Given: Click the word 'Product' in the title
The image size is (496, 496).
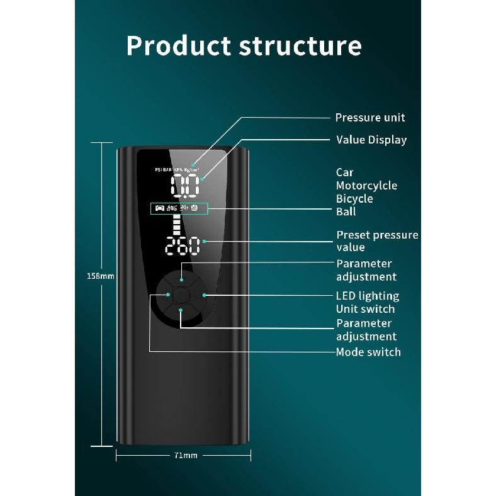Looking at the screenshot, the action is click(178, 46).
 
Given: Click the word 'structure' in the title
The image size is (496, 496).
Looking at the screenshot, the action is click(300, 47).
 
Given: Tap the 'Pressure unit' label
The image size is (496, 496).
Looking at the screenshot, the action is click(370, 118).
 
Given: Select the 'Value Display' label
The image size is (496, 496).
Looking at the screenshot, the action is click(371, 140).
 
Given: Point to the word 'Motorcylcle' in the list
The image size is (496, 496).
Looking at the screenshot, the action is click(366, 186).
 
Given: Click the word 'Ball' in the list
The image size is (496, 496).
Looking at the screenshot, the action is click(346, 211).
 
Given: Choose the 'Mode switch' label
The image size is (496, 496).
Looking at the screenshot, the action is click(368, 352).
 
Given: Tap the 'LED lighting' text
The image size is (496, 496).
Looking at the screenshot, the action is click(368, 296).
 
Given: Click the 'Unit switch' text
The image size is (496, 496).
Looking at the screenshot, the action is click(365, 309).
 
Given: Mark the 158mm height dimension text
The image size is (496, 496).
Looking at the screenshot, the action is click(101, 276).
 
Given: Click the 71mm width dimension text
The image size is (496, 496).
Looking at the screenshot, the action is click(186, 456).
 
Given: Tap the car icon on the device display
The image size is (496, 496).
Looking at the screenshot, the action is click(160, 208).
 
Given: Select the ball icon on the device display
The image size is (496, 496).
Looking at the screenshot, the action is click(194, 208).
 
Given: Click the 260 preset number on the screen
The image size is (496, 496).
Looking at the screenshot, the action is click(183, 245).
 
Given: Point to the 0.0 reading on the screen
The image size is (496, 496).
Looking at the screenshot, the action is click(185, 186).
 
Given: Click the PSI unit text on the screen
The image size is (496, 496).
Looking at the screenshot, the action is click(158, 170).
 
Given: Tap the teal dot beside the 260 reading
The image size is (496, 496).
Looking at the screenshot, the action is click(205, 241).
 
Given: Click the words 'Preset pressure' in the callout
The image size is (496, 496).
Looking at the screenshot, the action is click(378, 235).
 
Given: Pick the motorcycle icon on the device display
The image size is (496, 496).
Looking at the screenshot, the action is click(172, 208).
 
